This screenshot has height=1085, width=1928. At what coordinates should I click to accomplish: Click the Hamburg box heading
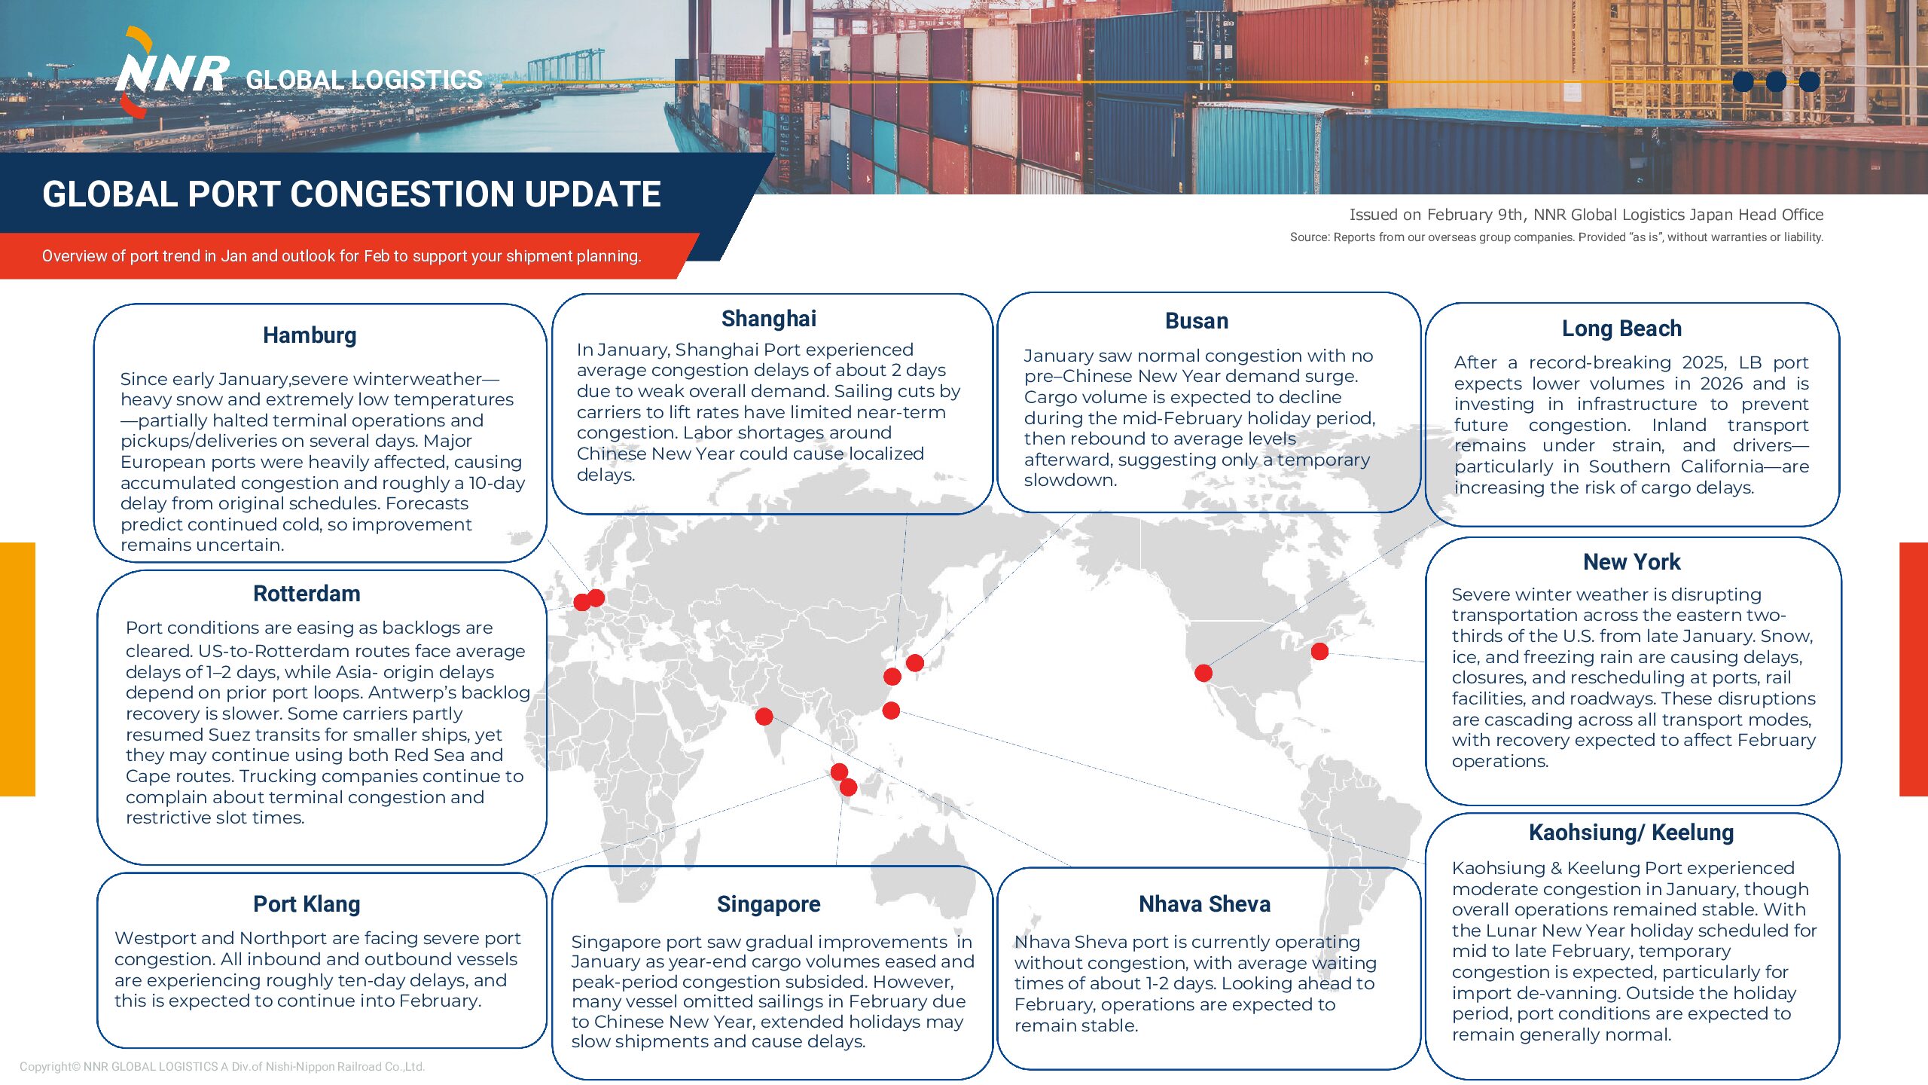click(310, 335)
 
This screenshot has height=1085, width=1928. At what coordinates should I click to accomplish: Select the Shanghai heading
click(768, 319)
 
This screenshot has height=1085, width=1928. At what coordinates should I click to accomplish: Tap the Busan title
click(1196, 321)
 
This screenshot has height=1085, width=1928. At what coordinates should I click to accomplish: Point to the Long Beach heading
click(1621, 329)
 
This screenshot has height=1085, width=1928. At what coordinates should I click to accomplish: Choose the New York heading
click(1631, 562)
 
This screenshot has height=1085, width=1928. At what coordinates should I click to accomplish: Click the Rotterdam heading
click(307, 594)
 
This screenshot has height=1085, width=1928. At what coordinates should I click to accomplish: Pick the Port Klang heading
click(307, 904)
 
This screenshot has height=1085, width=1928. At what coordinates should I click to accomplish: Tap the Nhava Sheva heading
click(1204, 904)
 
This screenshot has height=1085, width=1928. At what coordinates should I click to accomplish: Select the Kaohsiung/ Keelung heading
click(1631, 833)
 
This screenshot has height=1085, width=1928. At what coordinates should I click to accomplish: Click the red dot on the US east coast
click(1319, 651)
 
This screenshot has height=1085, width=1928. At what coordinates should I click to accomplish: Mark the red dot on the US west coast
click(1203, 673)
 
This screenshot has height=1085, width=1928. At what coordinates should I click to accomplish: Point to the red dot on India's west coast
click(764, 716)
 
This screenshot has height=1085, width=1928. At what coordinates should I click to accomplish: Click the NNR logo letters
click(172, 74)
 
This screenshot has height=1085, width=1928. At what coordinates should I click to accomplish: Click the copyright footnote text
click(222, 1067)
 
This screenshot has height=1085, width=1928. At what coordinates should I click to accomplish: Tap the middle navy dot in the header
click(1776, 81)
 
